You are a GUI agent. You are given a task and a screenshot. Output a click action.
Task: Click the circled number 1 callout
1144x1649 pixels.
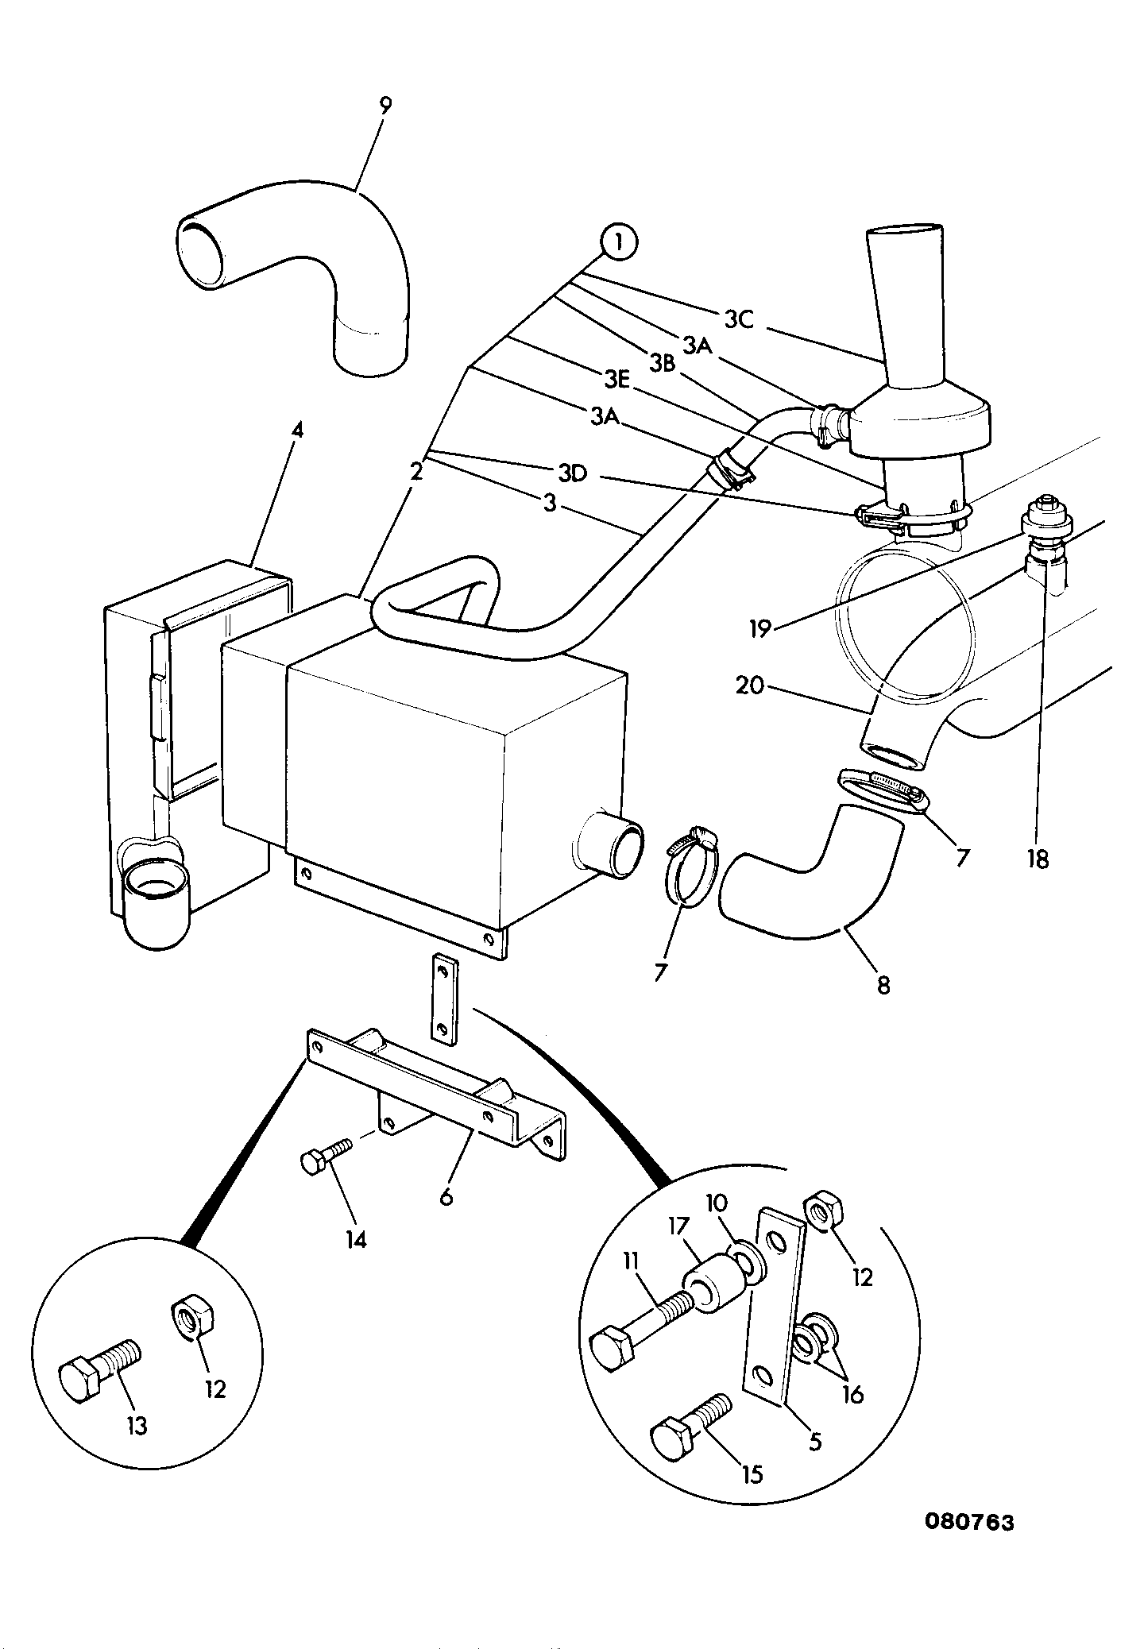(x=619, y=243)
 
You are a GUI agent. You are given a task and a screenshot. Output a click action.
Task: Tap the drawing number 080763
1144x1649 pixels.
(x=969, y=1523)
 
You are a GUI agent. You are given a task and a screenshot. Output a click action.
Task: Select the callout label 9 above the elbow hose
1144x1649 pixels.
(x=385, y=106)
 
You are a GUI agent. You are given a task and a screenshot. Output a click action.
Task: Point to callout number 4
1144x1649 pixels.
(x=296, y=431)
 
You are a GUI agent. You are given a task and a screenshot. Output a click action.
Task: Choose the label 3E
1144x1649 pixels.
(x=617, y=380)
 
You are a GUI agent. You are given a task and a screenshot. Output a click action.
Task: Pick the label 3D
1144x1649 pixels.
(x=572, y=473)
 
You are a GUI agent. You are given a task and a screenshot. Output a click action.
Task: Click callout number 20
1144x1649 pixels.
(x=751, y=684)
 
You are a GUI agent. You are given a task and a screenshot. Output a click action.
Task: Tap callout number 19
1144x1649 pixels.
(x=760, y=629)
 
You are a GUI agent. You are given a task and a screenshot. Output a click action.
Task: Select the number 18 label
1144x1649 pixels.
(x=1038, y=859)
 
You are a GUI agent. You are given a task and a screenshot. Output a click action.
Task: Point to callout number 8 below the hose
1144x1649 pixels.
(x=883, y=986)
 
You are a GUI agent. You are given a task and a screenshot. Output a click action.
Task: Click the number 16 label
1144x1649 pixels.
(x=852, y=1394)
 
